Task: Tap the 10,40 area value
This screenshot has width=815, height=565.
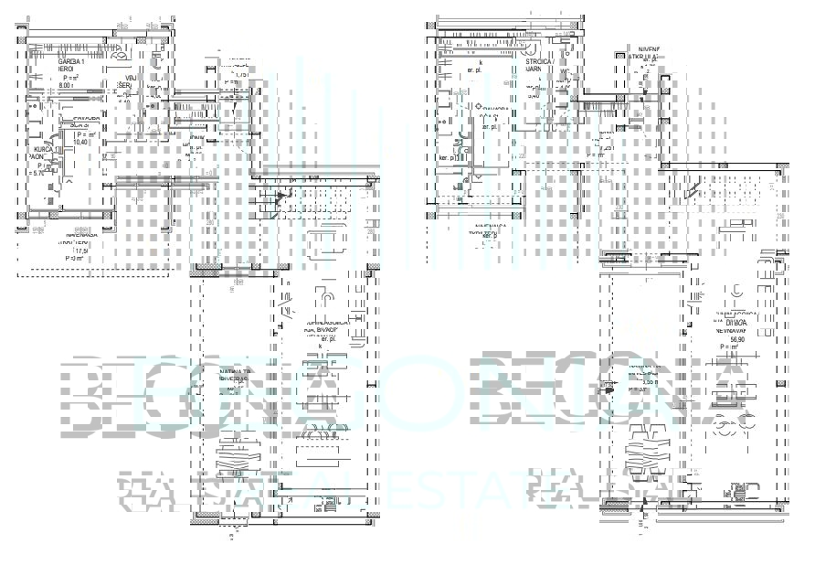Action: tap(80, 142)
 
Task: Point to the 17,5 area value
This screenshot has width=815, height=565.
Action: tap(80, 251)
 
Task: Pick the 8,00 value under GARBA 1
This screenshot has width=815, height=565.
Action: tap(66, 85)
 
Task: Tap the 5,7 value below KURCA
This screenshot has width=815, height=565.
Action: tap(37, 173)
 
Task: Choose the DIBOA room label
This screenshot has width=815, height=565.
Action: tap(736, 322)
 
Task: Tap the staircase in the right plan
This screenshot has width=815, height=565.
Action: tap(722, 190)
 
